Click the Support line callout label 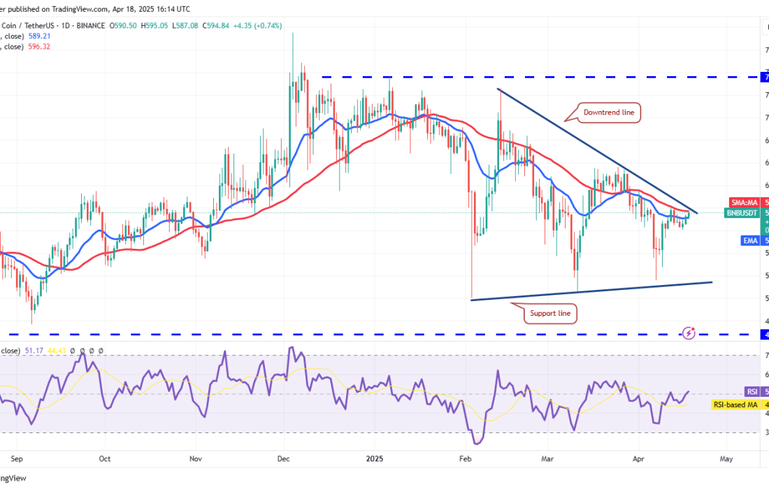point(550,314)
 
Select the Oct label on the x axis point(105,460)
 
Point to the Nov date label point(196,460)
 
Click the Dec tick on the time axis point(283,460)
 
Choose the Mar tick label point(547,460)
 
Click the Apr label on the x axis point(638,460)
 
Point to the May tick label point(726,460)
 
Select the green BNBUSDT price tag point(742,212)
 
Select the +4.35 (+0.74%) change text point(257,25)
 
